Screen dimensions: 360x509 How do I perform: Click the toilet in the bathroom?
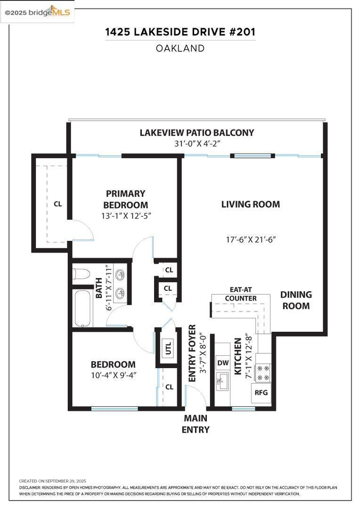tap(81, 274)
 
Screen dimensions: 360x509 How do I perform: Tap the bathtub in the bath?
tap(82, 308)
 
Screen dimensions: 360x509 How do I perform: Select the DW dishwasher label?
tap(223, 362)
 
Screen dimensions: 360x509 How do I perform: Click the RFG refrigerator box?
tap(261, 393)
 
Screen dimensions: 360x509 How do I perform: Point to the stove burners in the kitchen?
tap(263, 373)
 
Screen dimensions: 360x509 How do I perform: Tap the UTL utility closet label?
tap(168, 348)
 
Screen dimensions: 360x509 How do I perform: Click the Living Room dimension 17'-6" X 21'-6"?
tap(251, 239)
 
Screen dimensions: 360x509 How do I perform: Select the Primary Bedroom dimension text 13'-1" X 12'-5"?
tap(126, 215)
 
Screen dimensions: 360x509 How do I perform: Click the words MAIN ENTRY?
tap(196, 424)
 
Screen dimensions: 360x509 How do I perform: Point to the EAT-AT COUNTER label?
tap(240, 294)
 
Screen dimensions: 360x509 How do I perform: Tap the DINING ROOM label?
tap(296, 300)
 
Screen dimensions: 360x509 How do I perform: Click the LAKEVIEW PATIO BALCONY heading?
tap(196, 132)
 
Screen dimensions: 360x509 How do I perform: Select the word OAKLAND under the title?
tap(180, 49)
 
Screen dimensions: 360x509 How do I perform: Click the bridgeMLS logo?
tap(37, 12)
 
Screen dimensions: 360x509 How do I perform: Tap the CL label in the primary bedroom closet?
tap(58, 204)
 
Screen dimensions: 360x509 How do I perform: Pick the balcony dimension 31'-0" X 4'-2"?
tap(197, 143)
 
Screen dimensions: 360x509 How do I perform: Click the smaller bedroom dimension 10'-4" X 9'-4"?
tap(113, 375)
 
